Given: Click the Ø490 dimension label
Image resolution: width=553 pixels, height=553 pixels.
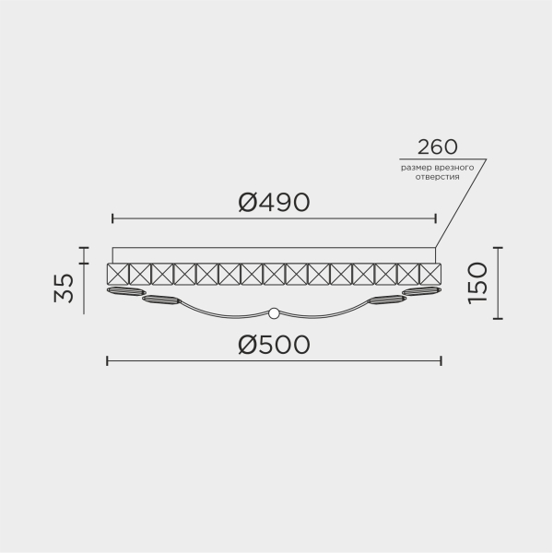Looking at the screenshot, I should coord(274,202).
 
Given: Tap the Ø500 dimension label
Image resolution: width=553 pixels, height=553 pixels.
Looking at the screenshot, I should coord(274,345).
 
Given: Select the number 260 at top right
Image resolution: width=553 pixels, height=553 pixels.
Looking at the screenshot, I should coord(438,147).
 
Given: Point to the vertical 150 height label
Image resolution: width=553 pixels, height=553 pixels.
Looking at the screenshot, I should coord(477,283).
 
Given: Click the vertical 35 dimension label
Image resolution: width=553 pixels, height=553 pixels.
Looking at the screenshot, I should coord(64,288).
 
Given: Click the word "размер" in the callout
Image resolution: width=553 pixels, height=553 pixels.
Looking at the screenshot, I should coord(416,167).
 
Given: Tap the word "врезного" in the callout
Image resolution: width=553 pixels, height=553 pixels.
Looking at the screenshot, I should coord(455,167).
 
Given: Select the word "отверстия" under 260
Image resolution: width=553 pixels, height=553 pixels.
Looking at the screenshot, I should coord(436,177).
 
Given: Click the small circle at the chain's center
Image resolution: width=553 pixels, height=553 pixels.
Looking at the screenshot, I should coord(273,312).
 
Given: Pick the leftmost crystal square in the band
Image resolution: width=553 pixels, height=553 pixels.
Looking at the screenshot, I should coord(118,274).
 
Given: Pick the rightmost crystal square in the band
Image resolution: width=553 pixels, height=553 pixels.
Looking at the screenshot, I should coord(430,274).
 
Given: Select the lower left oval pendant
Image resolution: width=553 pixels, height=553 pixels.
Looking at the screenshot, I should coord(162,300).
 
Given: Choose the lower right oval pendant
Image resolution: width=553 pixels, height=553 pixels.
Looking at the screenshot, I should coord(386,300).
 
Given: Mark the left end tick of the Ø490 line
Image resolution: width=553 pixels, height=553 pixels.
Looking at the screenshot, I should coord(112,219).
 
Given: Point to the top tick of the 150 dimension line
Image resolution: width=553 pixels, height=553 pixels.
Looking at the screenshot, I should coord(498,248).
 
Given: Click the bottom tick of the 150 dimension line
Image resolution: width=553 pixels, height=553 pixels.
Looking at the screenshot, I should coord(498,318).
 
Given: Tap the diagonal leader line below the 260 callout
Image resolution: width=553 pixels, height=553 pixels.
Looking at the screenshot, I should coord(461,203).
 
